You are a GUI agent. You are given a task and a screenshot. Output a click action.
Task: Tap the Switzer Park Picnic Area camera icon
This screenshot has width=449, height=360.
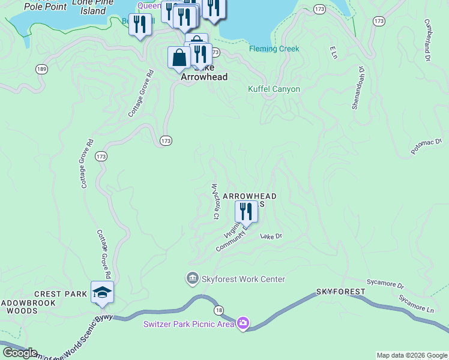coord(243,323)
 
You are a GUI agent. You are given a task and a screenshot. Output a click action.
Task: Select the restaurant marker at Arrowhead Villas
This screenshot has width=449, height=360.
coord(246,211)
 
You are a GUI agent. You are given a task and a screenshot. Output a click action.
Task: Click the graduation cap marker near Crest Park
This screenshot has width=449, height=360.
coord(102,292)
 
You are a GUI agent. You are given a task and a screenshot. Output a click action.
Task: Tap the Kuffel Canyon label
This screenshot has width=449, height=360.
coord(274,89)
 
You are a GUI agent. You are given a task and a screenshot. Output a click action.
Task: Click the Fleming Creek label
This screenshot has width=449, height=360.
coord(274,49)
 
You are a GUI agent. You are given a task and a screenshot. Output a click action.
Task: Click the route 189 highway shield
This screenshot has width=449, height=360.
coord(41,70)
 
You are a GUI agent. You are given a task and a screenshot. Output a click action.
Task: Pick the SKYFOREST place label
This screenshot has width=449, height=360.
coord(340,292)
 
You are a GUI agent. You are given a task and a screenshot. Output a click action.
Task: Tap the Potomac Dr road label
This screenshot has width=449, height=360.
coord(427,147)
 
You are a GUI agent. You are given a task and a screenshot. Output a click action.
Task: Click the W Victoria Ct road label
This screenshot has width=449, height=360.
coord(214,200)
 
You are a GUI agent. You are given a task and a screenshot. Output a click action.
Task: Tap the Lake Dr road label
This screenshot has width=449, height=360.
coord(271,236)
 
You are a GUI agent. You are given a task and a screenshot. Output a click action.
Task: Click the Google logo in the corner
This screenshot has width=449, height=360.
coord(20,353)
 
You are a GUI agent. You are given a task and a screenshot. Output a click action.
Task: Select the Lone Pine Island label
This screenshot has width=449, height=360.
coord(89,7)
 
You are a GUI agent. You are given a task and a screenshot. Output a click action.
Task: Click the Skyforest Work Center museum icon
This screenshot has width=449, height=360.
coord(192,279)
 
